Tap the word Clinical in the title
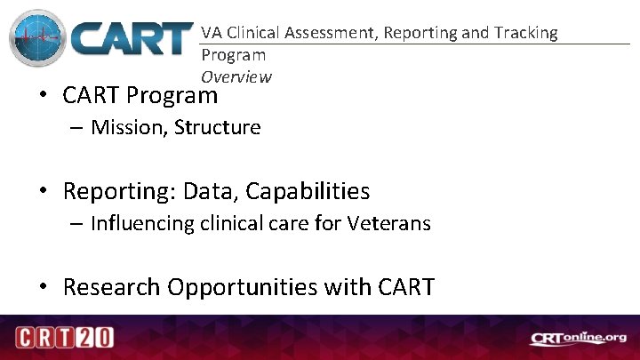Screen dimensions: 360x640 pyautogui.click(x=257, y=33)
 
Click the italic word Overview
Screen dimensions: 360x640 pyautogui.click(x=236, y=76)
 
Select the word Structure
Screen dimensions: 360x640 pyautogui.click(x=217, y=127)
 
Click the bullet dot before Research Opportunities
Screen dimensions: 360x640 pyautogui.click(x=44, y=287)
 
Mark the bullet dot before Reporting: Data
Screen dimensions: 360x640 pyautogui.click(x=44, y=191)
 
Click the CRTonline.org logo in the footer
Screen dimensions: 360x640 pyautogui.click(x=579, y=338)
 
